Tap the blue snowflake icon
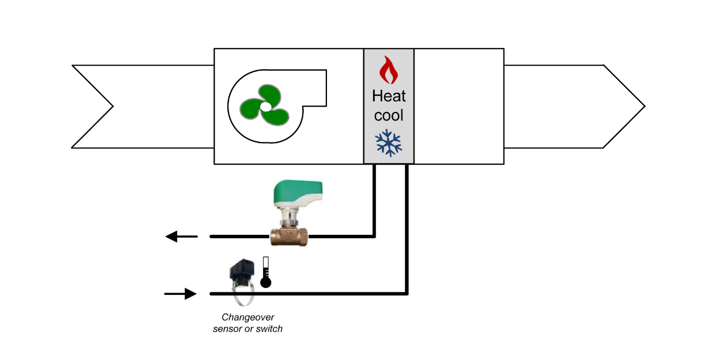coord(389,143)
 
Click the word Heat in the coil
coord(389,96)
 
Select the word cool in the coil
coord(389,115)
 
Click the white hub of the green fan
coord(265,107)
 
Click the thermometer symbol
coord(266,273)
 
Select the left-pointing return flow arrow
coord(181,236)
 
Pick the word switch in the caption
coord(269,329)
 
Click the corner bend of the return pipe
coord(374,235)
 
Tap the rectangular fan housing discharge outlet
coord(314,88)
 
